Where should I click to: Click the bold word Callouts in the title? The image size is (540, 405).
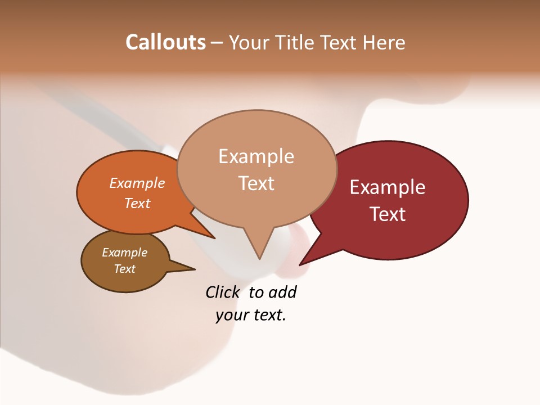click(165, 42)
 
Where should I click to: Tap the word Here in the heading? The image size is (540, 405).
click(385, 42)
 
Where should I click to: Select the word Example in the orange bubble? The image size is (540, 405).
click(137, 183)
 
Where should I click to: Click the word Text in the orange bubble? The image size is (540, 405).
click(137, 203)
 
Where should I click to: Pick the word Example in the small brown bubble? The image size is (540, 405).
click(124, 253)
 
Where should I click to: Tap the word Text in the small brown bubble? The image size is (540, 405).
click(124, 269)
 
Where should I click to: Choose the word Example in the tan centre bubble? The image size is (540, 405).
click(256, 156)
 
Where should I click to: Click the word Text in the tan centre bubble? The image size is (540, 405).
click(256, 183)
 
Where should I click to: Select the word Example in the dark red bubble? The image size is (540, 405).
click(388, 187)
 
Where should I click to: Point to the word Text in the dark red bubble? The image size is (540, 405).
click(388, 214)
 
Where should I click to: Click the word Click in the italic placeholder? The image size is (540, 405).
click(222, 292)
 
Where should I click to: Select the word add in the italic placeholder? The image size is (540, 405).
click(282, 292)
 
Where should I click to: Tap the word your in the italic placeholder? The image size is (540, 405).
click(231, 315)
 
